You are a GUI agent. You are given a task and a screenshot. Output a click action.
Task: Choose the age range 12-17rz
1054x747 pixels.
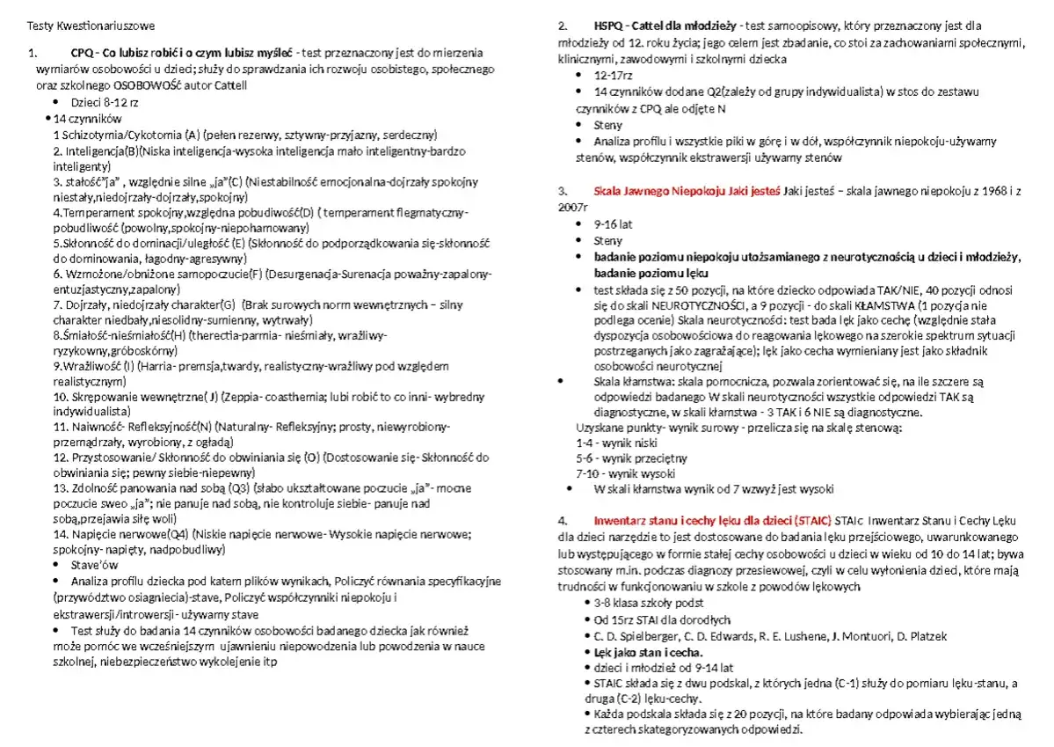pos(614,75)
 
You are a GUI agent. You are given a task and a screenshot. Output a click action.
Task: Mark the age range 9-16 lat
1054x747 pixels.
pos(613,223)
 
